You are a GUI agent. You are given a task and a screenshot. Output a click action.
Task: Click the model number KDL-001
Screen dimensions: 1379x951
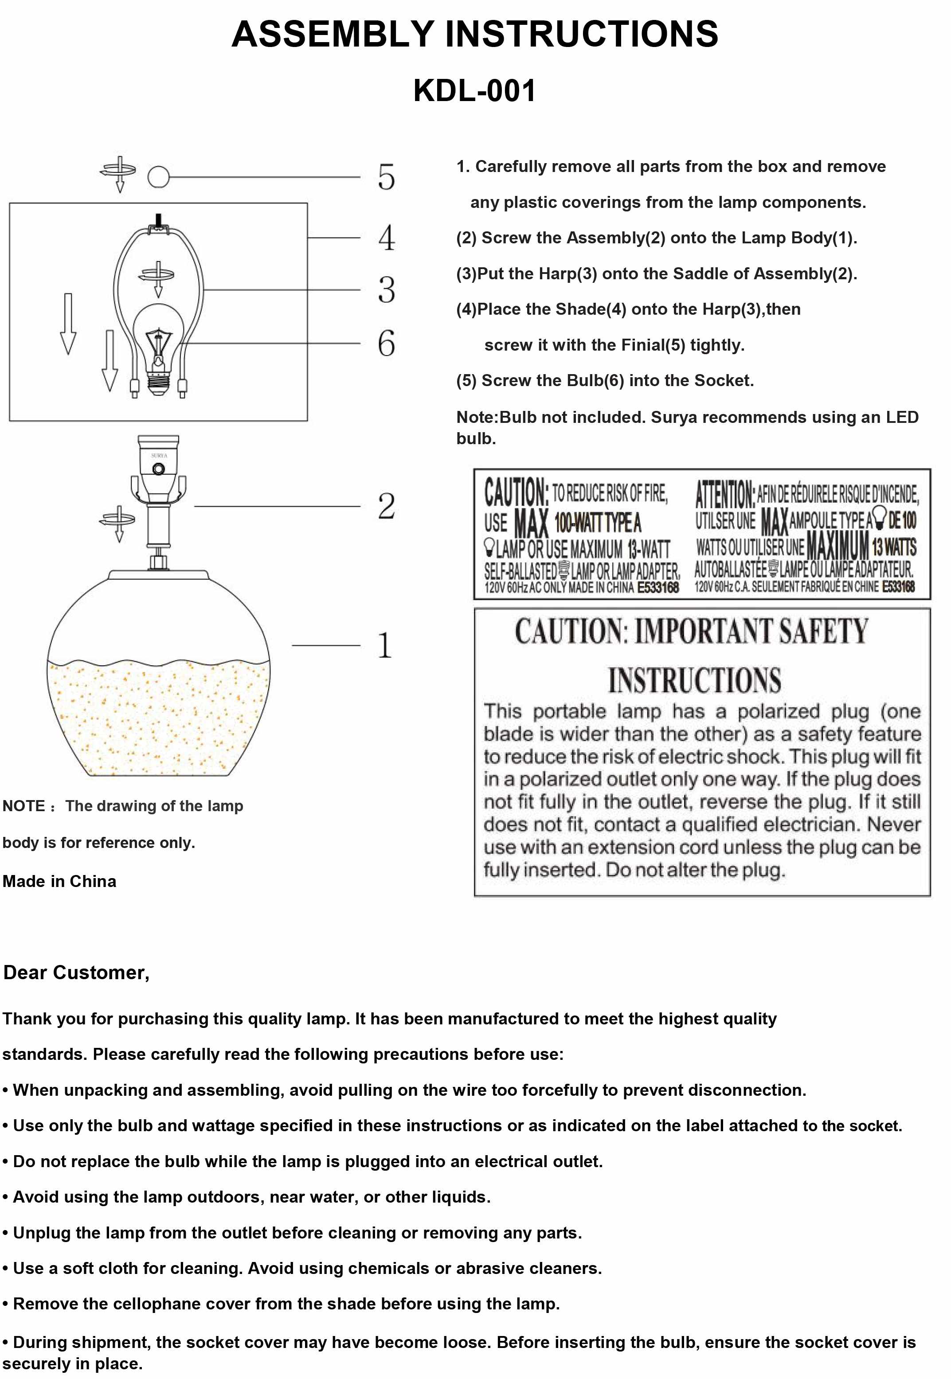[x=474, y=91]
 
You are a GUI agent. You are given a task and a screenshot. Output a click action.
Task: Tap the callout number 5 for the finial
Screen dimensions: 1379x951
[x=386, y=177]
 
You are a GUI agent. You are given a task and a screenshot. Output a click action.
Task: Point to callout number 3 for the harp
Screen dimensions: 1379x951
[x=386, y=290]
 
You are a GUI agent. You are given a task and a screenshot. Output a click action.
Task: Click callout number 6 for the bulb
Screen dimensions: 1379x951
[x=386, y=344]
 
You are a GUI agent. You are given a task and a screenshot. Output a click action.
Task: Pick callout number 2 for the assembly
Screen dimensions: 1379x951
[x=386, y=506]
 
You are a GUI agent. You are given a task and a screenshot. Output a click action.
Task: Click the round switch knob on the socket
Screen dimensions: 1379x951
[x=159, y=469]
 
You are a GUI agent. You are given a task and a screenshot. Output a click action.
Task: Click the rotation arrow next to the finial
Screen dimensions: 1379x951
[x=118, y=173]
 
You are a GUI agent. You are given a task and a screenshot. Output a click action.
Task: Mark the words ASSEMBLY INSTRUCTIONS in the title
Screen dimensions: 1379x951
[x=474, y=34]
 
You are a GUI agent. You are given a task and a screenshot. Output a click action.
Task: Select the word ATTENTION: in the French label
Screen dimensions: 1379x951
[x=724, y=494]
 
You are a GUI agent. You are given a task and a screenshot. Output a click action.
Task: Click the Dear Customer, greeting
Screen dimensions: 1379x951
[x=76, y=973]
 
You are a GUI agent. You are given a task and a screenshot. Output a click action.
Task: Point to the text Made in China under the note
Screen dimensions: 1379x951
[x=59, y=882]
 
